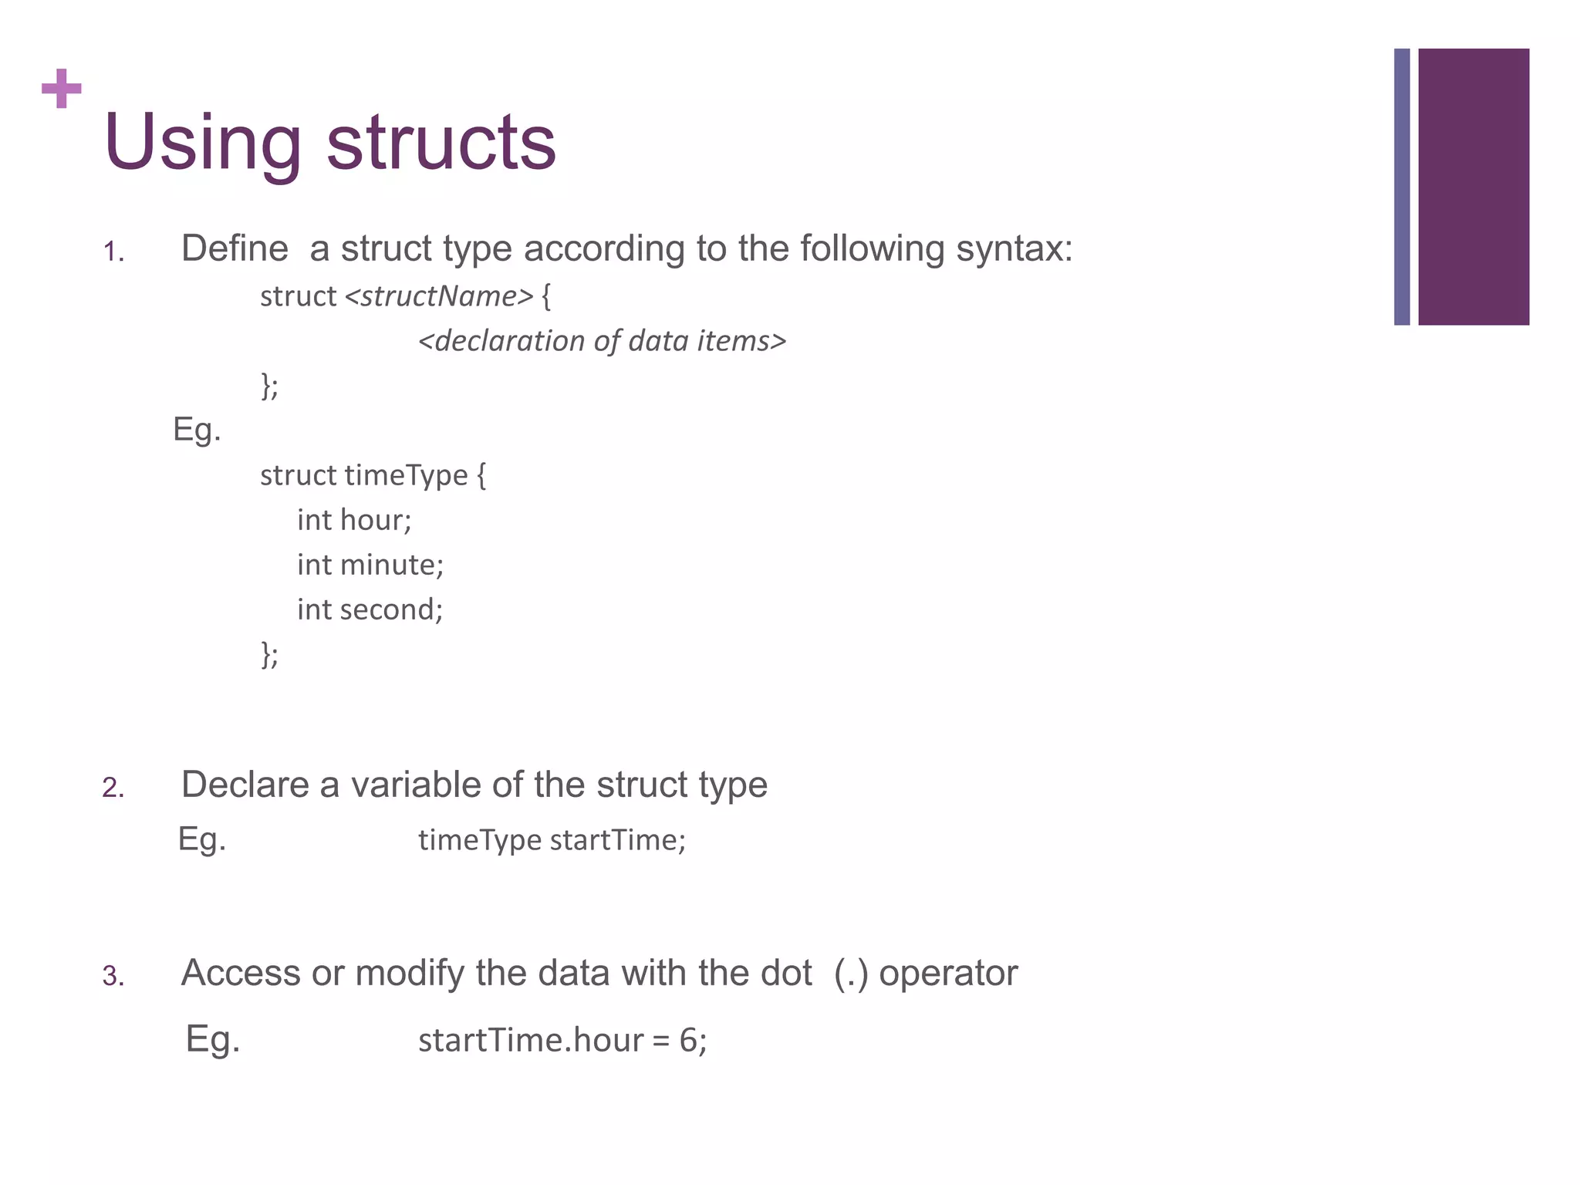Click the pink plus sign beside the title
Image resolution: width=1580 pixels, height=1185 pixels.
pyautogui.click(x=61, y=89)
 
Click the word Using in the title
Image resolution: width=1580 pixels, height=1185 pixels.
pyautogui.click(x=202, y=143)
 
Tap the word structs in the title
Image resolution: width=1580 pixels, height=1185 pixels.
pyautogui.click(x=441, y=143)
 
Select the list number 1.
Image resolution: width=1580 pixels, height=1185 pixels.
pyautogui.click(x=113, y=252)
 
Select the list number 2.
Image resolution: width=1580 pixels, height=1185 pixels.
pyautogui.click(x=113, y=788)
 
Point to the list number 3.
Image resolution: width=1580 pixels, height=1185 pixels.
pyautogui.click(x=113, y=977)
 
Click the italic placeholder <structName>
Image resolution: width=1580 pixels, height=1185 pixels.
pyautogui.click(x=438, y=296)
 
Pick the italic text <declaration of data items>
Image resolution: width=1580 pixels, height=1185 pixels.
pyautogui.click(x=602, y=341)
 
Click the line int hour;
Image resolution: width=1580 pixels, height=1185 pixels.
pyautogui.click(x=354, y=521)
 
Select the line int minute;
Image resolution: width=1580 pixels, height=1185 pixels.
pyautogui.click(x=370, y=565)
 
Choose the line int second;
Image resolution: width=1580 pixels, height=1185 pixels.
pyautogui.click(x=370, y=610)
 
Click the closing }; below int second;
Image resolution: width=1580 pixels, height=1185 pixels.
pyautogui.click(x=269, y=654)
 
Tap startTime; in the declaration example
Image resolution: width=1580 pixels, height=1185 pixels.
pyautogui.click(x=617, y=840)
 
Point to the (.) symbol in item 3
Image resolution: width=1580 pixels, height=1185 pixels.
pyautogui.click(x=851, y=974)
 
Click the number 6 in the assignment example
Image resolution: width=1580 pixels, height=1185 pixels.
pyautogui.click(x=687, y=1041)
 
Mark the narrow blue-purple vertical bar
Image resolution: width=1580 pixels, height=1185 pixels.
pyautogui.click(x=1402, y=187)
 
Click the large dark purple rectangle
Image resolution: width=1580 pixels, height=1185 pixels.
pyautogui.click(x=1474, y=187)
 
